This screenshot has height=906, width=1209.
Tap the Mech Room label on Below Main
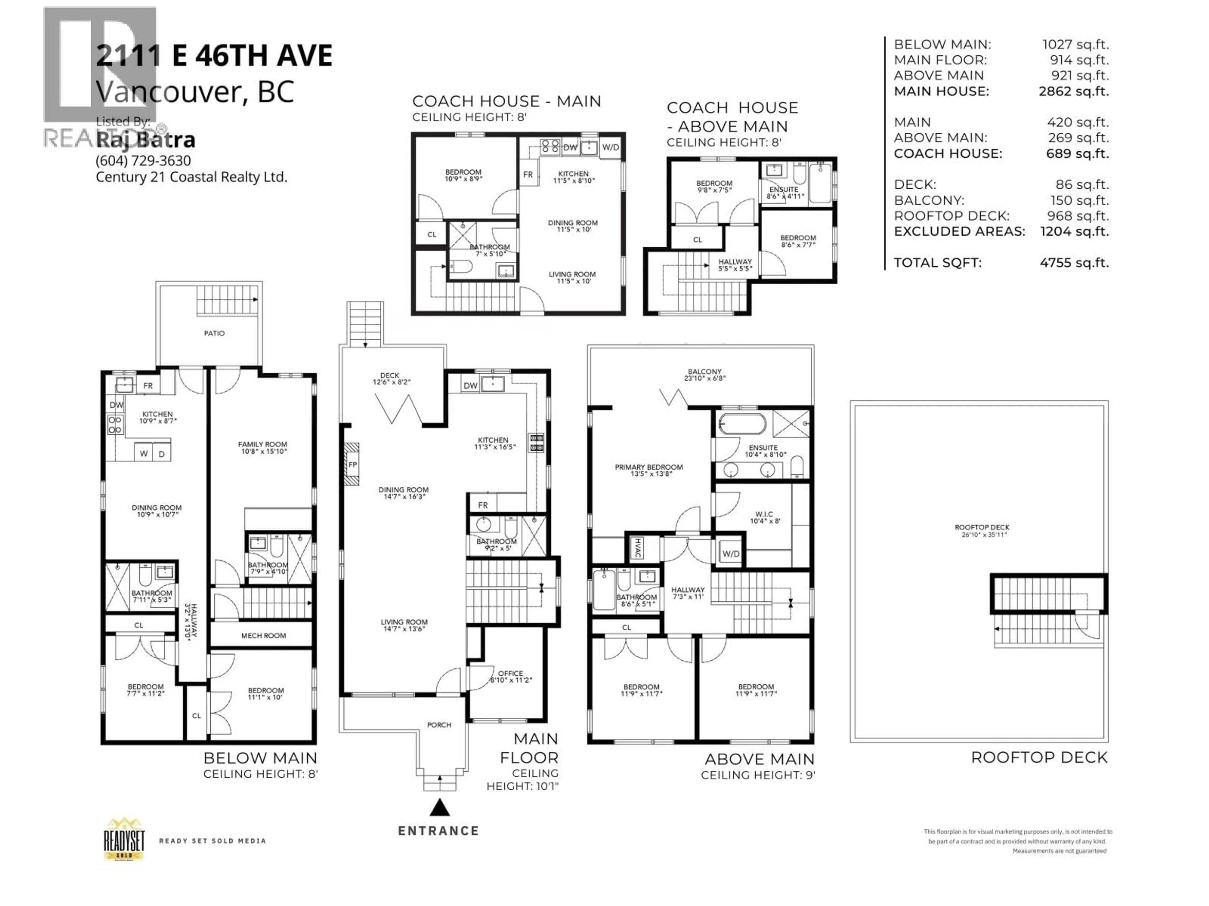264,636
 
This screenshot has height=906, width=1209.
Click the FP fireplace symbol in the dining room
353,465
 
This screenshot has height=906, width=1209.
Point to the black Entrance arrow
439,808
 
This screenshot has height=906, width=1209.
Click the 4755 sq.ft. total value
1074,263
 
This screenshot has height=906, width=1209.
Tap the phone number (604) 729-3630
143,160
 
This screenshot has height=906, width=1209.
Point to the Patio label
214,333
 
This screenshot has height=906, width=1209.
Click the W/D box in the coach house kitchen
610,148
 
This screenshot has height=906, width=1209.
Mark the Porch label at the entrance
439,725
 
